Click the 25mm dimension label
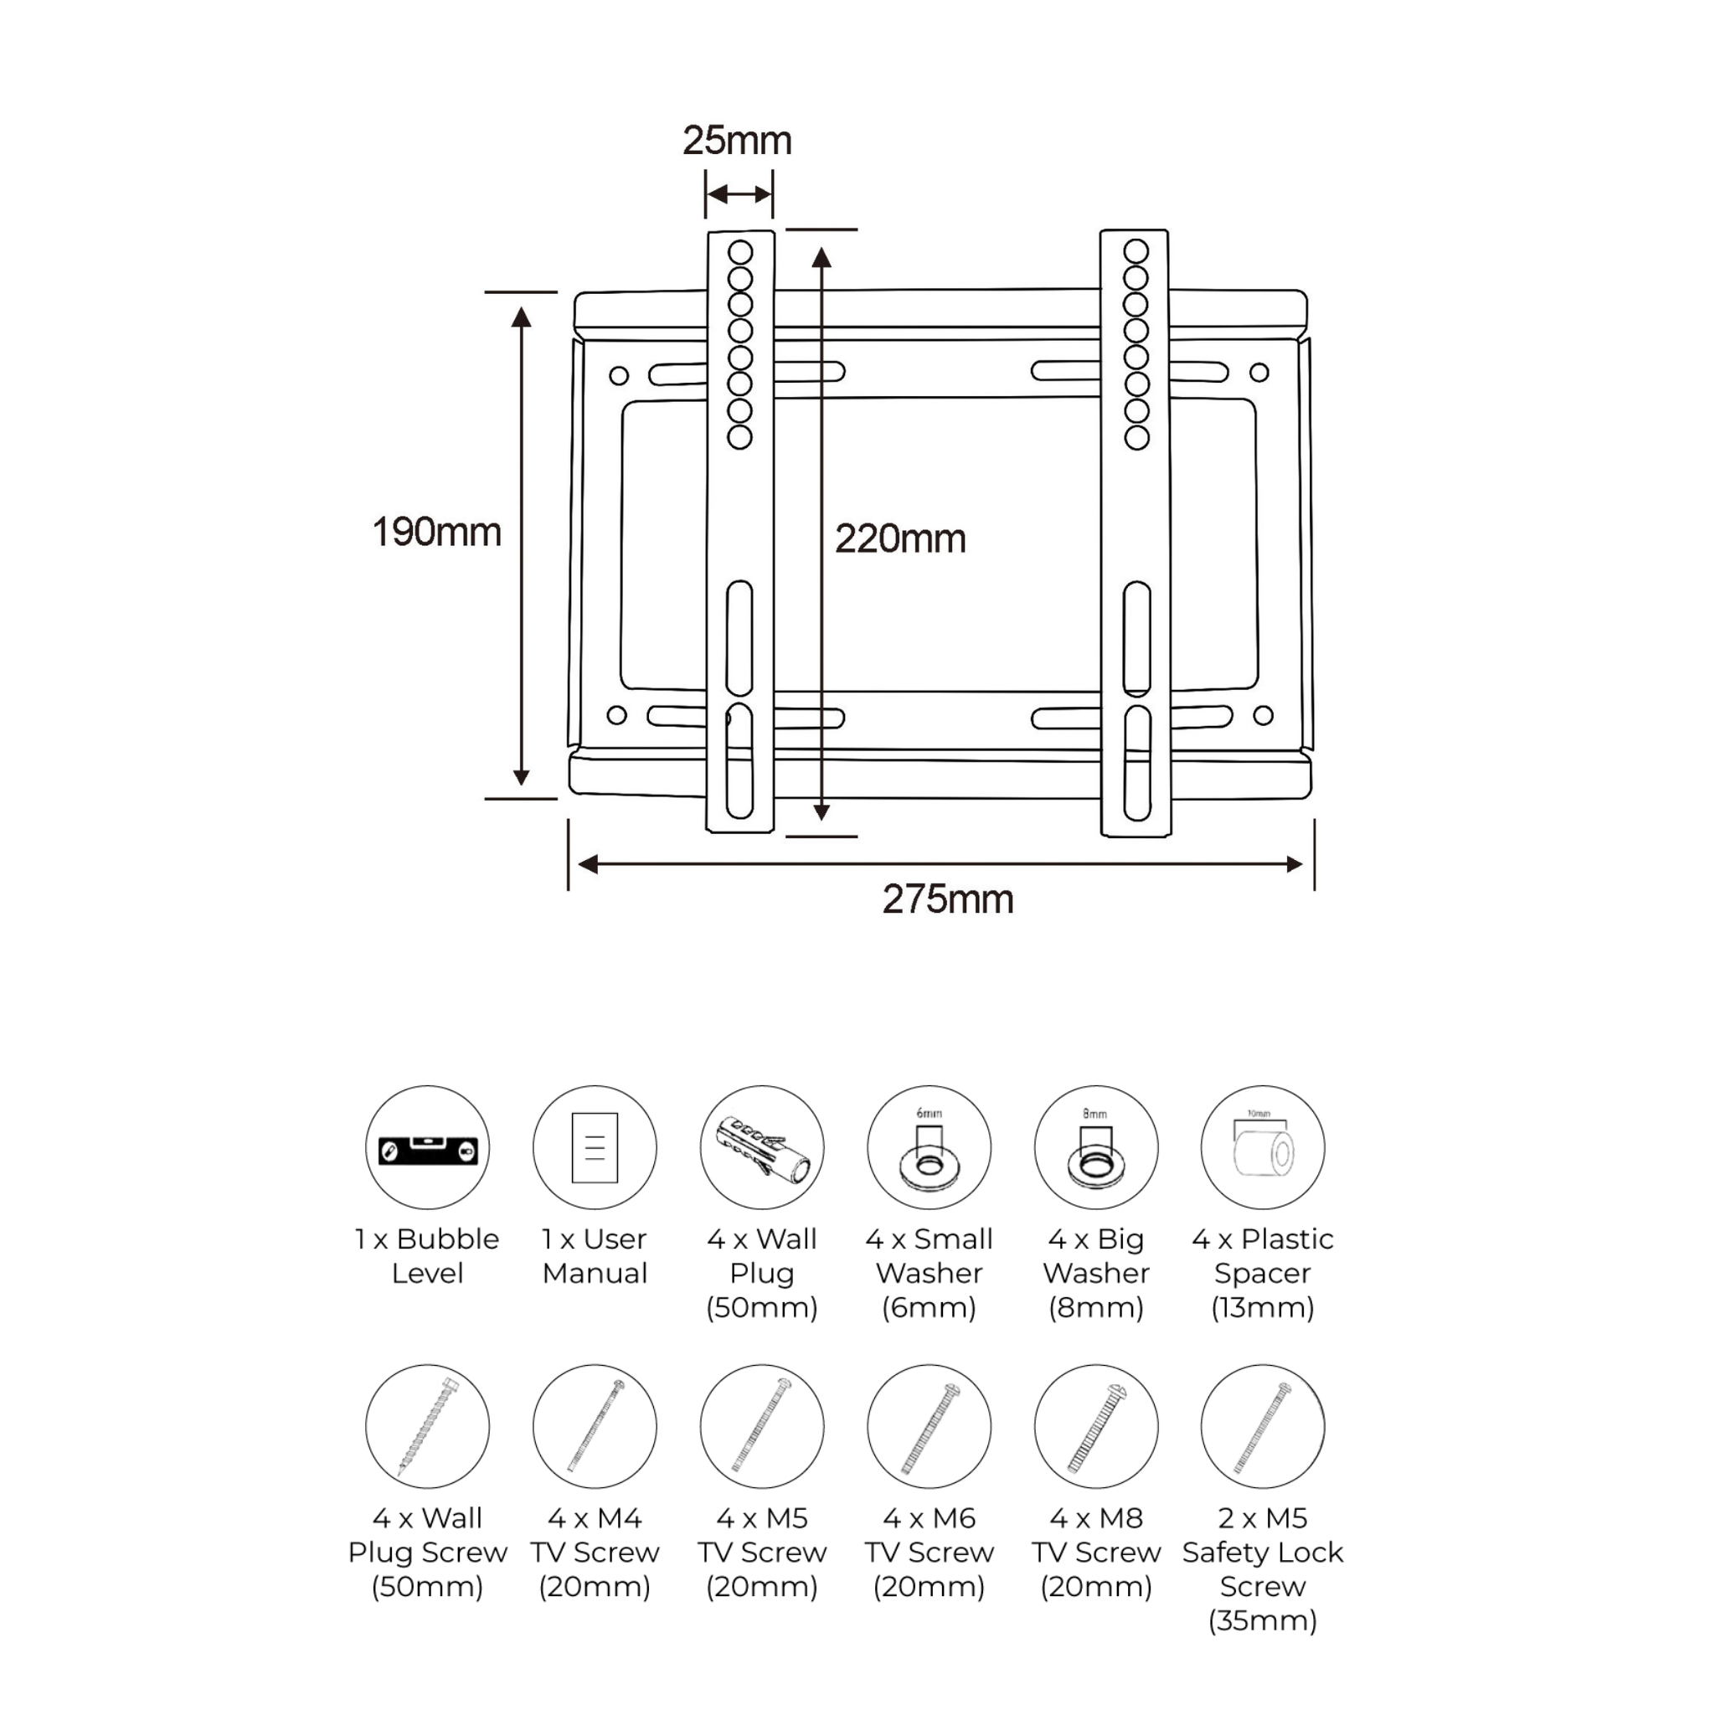pyautogui.click(x=737, y=140)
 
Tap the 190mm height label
pyautogui.click(x=435, y=533)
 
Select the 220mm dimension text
pyautogui.click(x=900, y=538)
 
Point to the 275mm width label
pyautogui.click(x=947, y=899)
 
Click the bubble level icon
pyautogui.click(x=428, y=1147)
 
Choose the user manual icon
pyautogui.click(x=595, y=1147)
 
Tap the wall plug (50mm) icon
pyautogui.click(x=762, y=1147)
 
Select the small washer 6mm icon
pyautogui.click(x=929, y=1147)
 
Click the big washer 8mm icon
pyautogui.click(x=1095, y=1147)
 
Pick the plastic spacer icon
pyautogui.click(x=1262, y=1147)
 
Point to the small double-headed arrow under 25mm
pyautogui.click(x=739, y=194)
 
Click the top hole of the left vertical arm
pyautogui.click(x=740, y=252)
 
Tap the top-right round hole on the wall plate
pyautogui.click(x=1259, y=373)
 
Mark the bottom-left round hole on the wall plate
pyautogui.click(x=617, y=715)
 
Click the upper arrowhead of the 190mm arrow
pyautogui.click(x=521, y=317)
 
